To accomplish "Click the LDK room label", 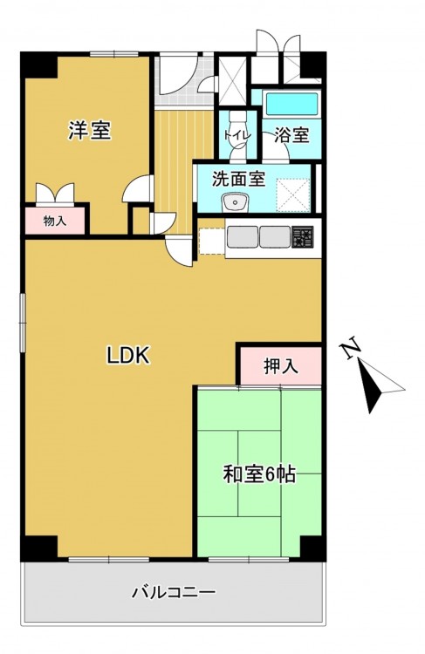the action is coord(128,356).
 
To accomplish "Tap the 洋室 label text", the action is coord(90,130).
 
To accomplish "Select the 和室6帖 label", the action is coord(260,474).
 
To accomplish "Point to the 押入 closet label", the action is coord(281,365).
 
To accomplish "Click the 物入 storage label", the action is coord(55,221).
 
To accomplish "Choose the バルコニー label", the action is coord(174,592).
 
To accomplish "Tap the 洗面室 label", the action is coord(238,179).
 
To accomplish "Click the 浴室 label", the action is coord(291,135).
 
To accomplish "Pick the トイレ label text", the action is coord(237,135).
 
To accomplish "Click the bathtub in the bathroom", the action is coord(291,104).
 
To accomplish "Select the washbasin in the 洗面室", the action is coord(236,203).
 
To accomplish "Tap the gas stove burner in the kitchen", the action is coord(302,237).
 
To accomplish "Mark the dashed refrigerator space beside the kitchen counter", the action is coord(212,242).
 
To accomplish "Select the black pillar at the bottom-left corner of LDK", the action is coord(38,548).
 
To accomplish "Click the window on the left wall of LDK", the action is coord(22,322).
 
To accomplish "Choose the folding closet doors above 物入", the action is coord(55,193).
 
